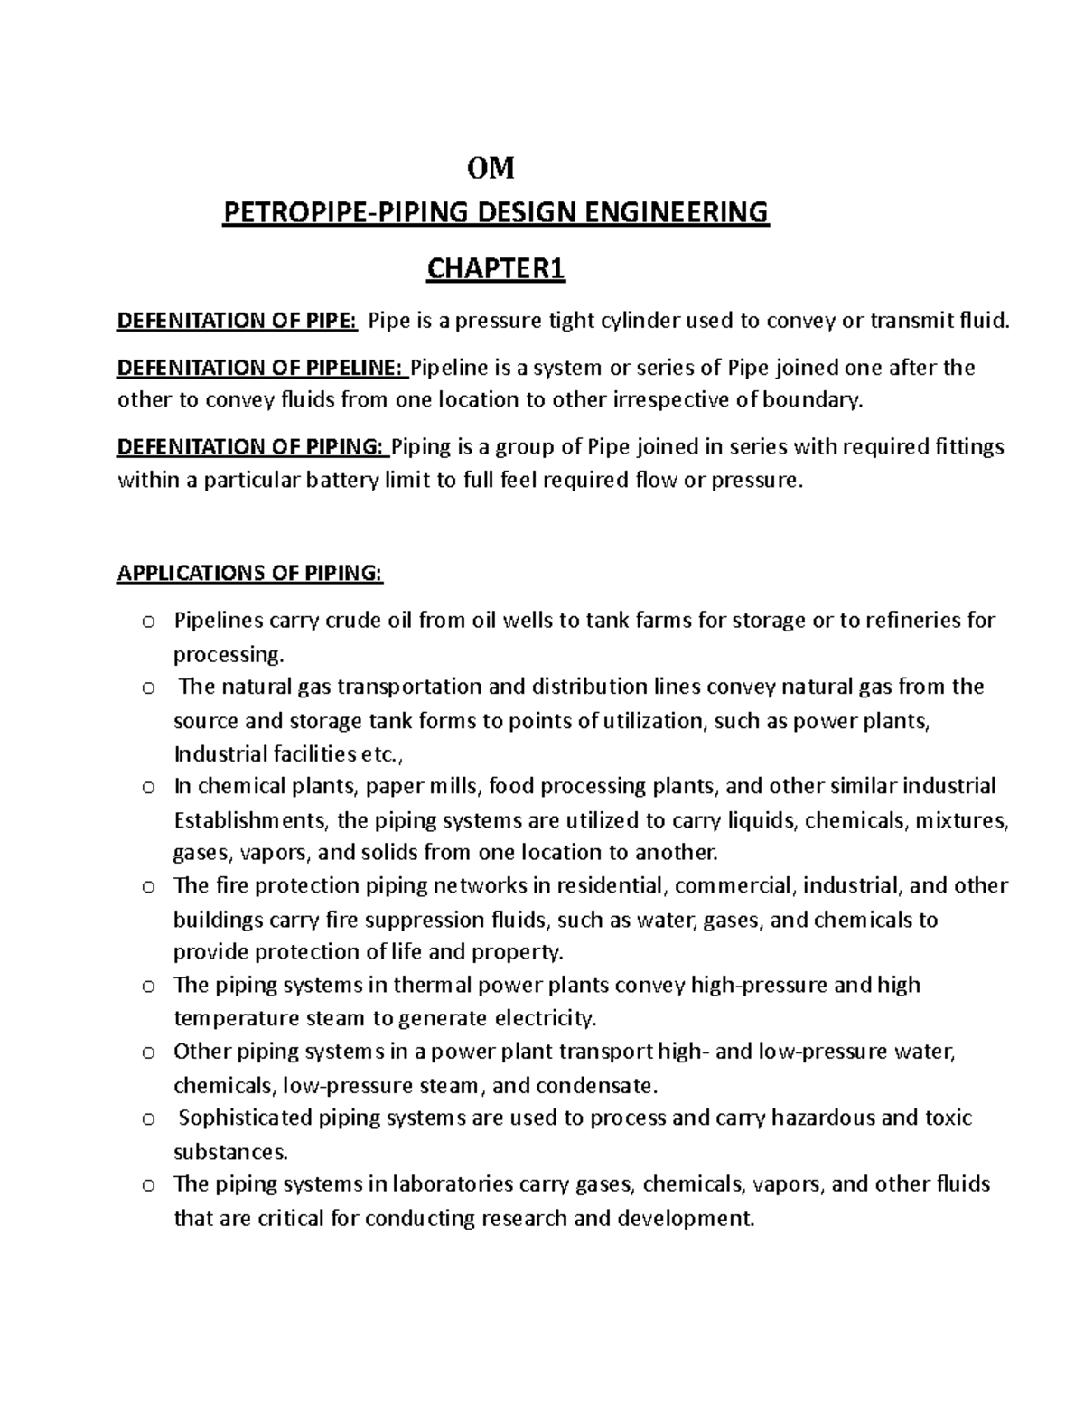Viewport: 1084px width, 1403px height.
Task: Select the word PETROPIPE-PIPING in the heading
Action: pyautogui.click(x=346, y=213)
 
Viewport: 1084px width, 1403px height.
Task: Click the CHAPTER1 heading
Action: pyautogui.click(x=496, y=269)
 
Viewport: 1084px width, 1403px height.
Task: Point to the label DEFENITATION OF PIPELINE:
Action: pyautogui.click(x=262, y=369)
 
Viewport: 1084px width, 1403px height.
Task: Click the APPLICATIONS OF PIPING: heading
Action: pyautogui.click(x=250, y=574)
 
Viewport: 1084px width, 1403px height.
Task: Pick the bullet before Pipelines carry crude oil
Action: pyautogui.click(x=148, y=622)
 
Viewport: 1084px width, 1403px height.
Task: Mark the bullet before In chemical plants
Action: pyautogui.click(x=148, y=788)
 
